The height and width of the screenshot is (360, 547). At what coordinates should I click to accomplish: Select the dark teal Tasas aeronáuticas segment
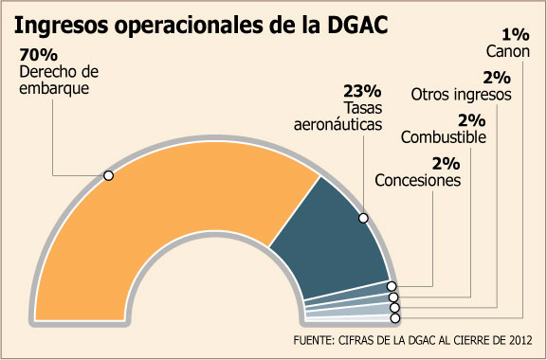pyautogui.click(x=332, y=244)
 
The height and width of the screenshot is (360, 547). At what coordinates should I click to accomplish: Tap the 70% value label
pyautogui.click(x=38, y=55)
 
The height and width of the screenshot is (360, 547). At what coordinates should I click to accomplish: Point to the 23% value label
pyautogui.click(x=362, y=91)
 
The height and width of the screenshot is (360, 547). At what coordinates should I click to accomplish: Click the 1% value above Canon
pyautogui.click(x=516, y=35)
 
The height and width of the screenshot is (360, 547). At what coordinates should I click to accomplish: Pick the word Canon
pyautogui.click(x=508, y=51)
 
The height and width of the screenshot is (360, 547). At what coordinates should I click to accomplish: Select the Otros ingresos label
pyautogui.click(x=461, y=95)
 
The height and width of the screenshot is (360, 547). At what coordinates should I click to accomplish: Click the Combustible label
pyautogui.click(x=444, y=137)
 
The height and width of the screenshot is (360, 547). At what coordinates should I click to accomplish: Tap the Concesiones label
pyautogui.click(x=418, y=181)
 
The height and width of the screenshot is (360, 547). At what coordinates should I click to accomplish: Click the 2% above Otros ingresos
pyautogui.click(x=497, y=78)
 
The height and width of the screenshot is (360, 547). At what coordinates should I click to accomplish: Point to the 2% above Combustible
pyautogui.click(x=472, y=121)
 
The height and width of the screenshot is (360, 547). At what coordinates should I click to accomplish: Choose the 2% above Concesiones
pyautogui.click(x=447, y=164)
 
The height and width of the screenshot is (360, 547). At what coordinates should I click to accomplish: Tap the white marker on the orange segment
pyautogui.click(x=108, y=175)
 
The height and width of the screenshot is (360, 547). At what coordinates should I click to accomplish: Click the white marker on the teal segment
pyautogui.click(x=363, y=218)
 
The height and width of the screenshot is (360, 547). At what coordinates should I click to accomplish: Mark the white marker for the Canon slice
pyautogui.click(x=395, y=318)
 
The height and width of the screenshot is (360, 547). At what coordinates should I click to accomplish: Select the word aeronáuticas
pyautogui.click(x=338, y=124)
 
